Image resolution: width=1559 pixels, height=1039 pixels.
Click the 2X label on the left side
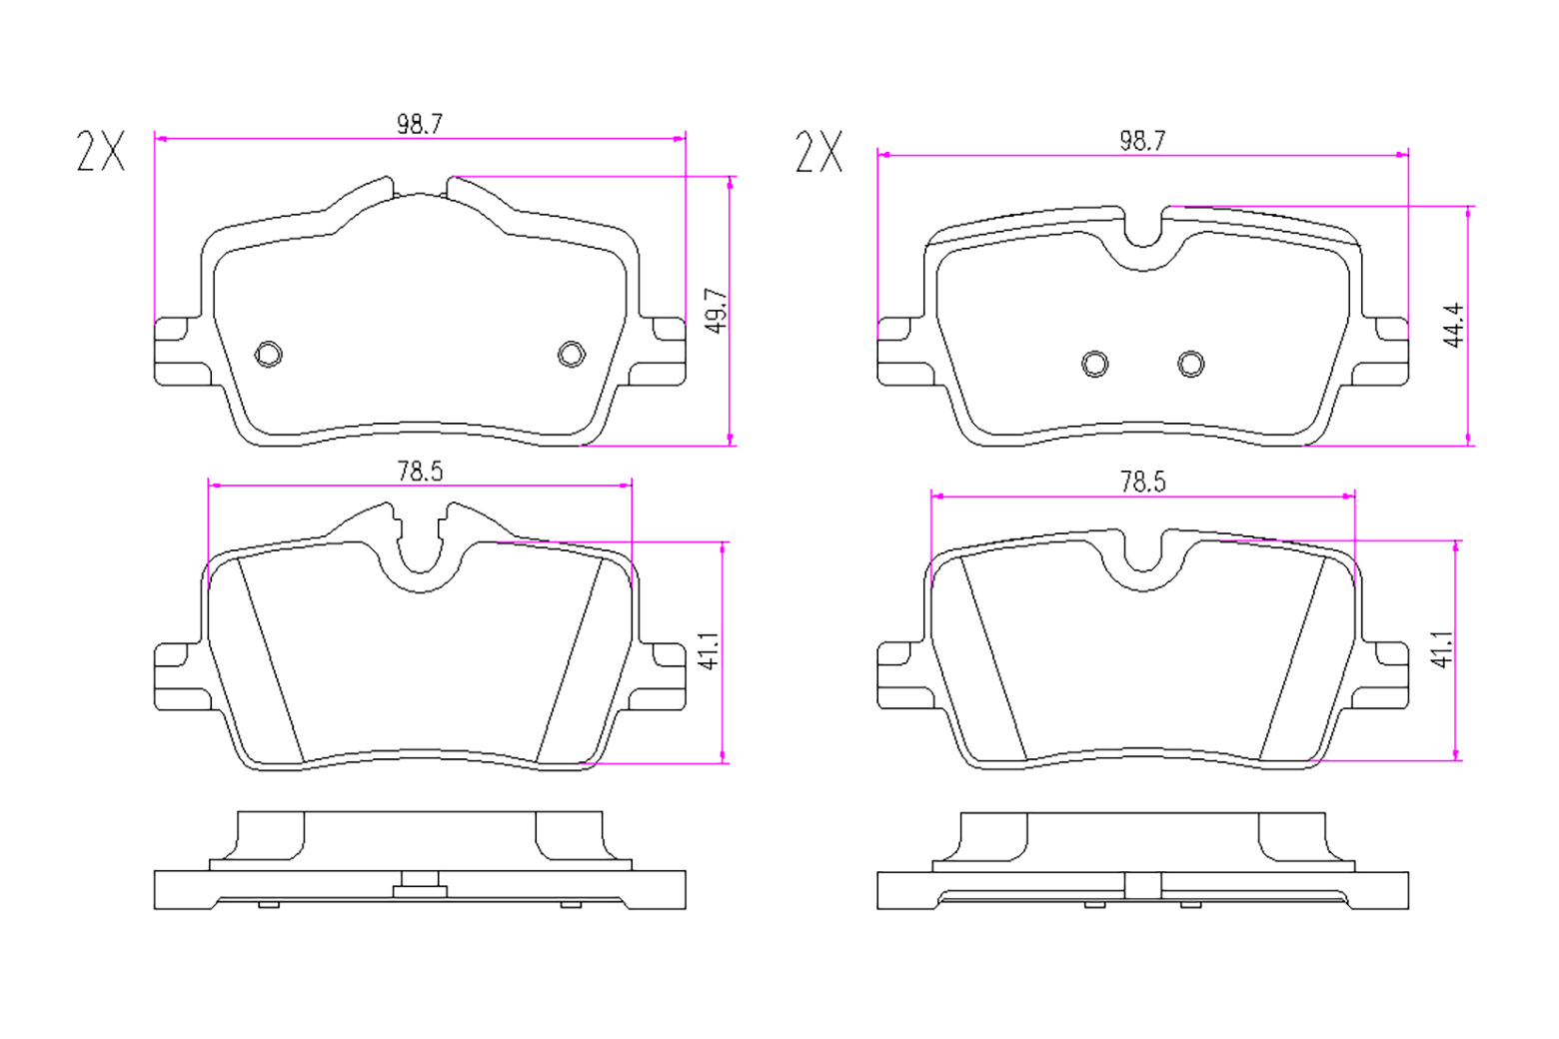(x=101, y=151)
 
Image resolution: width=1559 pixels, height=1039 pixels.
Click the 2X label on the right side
(x=819, y=151)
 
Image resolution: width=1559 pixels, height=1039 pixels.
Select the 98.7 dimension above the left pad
(x=420, y=124)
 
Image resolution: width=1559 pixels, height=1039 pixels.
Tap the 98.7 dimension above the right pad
(x=1142, y=141)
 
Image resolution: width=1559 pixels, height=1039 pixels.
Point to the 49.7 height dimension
(x=717, y=311)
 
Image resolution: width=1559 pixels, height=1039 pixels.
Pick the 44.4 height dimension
(x=1453, y=325)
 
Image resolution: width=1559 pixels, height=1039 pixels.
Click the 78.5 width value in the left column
(x=420, y=472)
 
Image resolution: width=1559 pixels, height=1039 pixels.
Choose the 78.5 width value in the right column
(x=1142, y=483)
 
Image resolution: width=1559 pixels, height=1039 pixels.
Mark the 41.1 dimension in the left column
(x=710, y=651)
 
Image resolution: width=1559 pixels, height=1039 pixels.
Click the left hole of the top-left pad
(x=269, y=355)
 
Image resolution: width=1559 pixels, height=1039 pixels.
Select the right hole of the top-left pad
(x=572, y=355)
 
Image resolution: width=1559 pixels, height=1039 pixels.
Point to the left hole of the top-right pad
(x=1094, y=364)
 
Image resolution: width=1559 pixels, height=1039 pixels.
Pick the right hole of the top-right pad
(x=1191, y=364)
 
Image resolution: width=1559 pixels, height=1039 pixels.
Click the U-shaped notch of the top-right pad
(x=1143, y=245)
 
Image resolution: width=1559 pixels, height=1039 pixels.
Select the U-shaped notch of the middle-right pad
(x=1143, y=569)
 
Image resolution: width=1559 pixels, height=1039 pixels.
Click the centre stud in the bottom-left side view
(x=420, y=884)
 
